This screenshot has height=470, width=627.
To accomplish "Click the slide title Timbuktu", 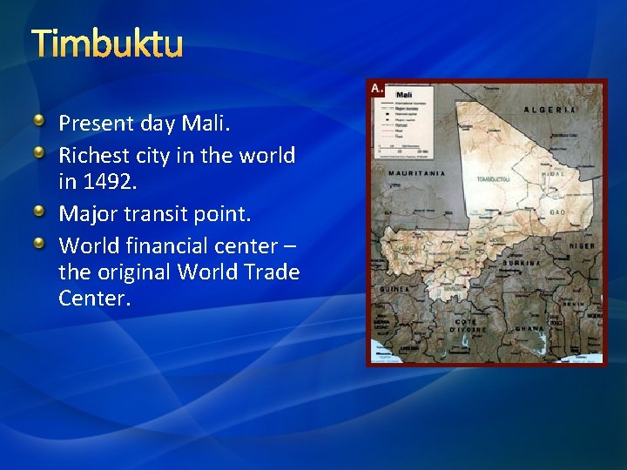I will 107,43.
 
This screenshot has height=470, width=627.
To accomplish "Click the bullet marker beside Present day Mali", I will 40,121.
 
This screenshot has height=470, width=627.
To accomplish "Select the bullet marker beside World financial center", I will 40,243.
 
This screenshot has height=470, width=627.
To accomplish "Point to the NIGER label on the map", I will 582,246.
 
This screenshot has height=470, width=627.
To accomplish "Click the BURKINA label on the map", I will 521,262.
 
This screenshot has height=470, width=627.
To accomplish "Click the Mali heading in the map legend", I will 404,94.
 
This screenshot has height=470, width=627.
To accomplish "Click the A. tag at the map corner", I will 377,88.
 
